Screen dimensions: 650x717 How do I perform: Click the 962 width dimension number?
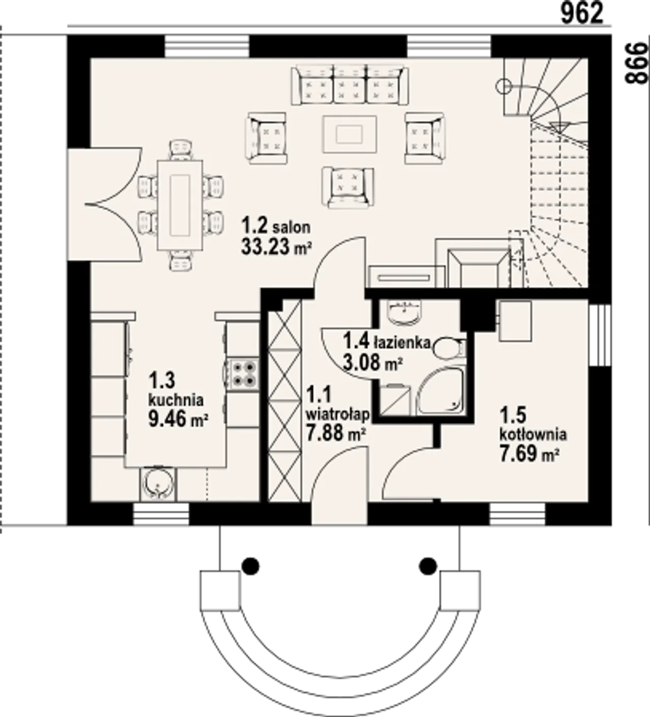pos(582,14)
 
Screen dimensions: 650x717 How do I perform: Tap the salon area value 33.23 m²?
pos(275,247)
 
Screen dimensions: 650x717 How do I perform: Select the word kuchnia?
pos(176,400)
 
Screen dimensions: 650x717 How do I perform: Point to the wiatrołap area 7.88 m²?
pos(336,434)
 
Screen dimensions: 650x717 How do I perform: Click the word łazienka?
pos(402,343)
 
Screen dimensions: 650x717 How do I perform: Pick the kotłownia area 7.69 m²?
pos(529,454)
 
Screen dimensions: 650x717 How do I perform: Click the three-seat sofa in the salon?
pos(350,85)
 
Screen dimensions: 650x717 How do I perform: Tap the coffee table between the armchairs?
pos(349,134)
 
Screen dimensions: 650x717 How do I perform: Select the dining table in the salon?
pos(180,205)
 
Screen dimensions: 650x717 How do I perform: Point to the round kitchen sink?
pos(157,483)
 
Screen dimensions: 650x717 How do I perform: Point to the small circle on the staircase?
pos(503,86)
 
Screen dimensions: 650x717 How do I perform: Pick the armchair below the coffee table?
pos(348,188)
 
